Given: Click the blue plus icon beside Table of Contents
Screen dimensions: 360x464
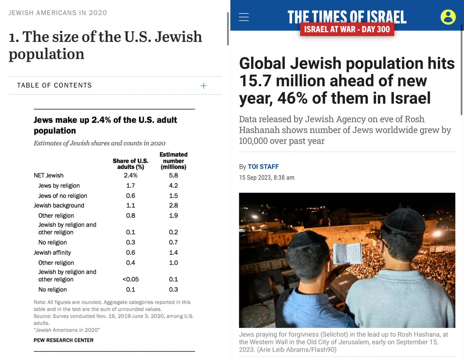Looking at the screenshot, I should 204,86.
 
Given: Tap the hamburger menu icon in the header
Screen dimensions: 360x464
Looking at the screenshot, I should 244,17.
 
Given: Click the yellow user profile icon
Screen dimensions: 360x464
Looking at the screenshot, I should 448,17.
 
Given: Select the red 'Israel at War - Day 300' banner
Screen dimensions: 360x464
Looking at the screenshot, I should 347,29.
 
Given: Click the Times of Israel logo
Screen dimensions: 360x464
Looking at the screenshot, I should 347,16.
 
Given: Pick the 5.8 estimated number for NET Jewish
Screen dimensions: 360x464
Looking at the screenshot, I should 173,175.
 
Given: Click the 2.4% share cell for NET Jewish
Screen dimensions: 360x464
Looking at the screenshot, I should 131,175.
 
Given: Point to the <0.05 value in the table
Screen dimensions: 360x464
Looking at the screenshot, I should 131,279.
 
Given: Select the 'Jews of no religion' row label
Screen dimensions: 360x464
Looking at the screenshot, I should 63,196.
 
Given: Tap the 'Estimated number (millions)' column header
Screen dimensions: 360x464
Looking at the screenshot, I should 173,161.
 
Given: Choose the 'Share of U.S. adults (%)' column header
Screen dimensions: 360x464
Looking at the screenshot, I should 130,164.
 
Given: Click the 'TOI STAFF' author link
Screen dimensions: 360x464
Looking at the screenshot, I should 263,167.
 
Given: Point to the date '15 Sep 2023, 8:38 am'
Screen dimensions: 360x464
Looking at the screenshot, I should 267,178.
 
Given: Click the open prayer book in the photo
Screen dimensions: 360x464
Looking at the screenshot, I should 347,254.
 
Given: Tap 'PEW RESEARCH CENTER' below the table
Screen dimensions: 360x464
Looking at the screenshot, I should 63,340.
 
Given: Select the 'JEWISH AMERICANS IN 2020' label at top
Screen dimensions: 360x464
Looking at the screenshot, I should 58,13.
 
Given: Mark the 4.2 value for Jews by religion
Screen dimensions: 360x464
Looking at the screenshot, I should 173,186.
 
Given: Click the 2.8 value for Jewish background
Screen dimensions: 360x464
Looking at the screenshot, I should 173,206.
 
